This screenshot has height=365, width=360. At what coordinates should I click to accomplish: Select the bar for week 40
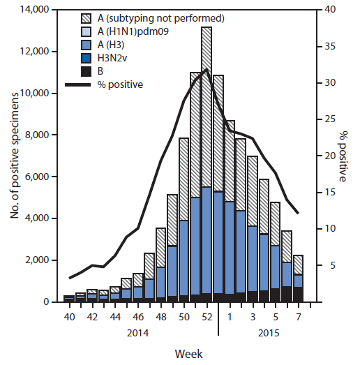point(68,299)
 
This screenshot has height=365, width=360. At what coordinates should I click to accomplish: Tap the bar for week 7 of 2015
point(298,279)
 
